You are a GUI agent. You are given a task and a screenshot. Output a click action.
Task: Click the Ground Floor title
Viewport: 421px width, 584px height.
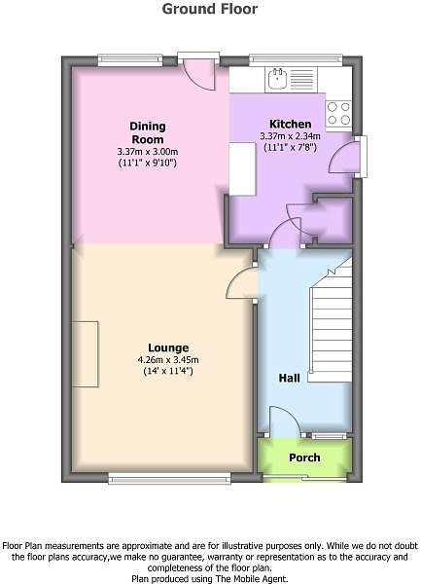click(x=210, y=9)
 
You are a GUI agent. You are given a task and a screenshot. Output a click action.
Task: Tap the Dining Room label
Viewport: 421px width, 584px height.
click(x=148, y=132)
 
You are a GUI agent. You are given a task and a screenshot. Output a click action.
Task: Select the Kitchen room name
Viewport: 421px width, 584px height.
click(x=290, y=124)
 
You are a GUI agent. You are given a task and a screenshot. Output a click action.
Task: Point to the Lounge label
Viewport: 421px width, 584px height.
click(x=168, y=347)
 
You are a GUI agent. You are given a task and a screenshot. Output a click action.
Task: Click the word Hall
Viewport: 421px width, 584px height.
click(x=290, y=378)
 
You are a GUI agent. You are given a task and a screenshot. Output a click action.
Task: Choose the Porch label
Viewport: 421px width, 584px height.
click(x=304, y=457)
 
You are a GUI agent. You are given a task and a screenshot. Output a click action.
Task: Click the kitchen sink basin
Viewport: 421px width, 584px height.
click(x=277, y=80)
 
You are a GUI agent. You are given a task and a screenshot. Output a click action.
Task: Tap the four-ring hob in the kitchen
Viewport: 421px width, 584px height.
click(x=338, y=113)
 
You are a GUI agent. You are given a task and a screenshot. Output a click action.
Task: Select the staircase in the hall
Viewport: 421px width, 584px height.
click(x=331, y=320)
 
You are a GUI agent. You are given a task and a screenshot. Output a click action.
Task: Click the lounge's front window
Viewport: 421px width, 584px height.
click(x=169, y=479)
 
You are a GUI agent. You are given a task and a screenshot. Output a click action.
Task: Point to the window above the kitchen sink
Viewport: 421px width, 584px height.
click(x=296, y=60)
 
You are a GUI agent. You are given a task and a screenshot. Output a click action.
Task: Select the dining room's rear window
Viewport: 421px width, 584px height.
click(x=130, y=60)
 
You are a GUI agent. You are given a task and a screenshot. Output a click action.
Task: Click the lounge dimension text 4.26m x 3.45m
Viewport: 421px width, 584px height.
click(x=168, y=360)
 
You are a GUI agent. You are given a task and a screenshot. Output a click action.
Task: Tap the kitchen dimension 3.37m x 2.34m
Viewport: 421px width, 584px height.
click(x=290, y=136)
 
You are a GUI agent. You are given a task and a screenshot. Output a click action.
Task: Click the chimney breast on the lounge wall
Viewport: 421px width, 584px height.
click(x=86, y=354)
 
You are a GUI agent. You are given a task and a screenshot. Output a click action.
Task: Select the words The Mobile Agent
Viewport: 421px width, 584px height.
click(x=261, y=579)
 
